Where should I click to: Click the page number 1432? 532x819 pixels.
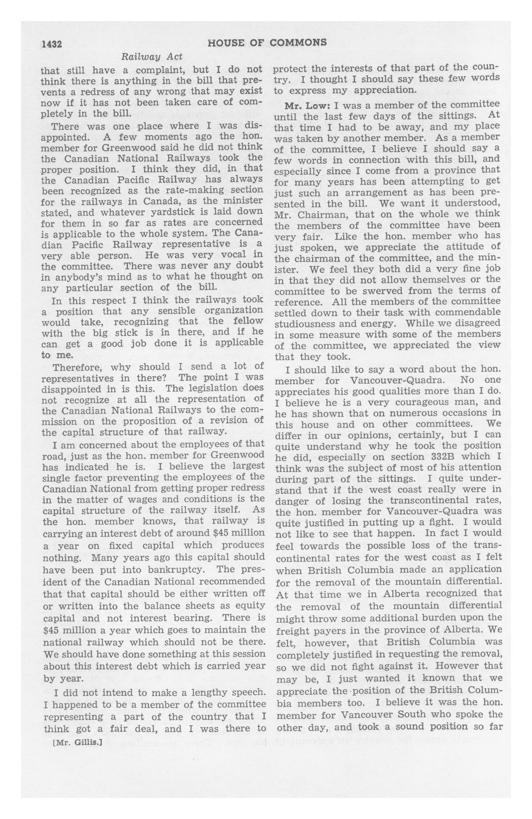(51, 44)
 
